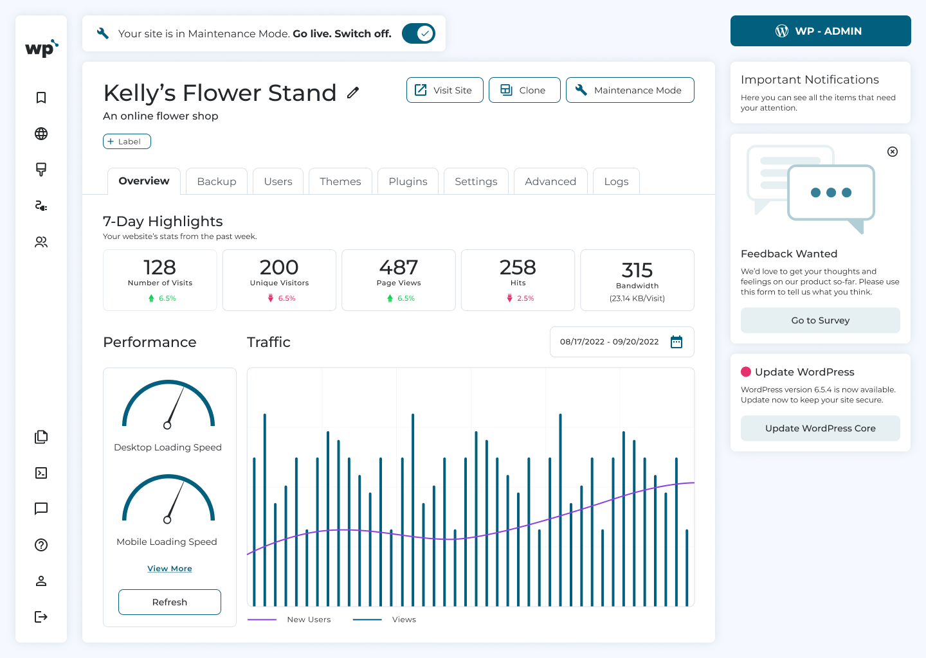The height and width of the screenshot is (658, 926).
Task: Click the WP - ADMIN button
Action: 820,31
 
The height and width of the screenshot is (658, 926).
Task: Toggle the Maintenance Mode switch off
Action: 419,33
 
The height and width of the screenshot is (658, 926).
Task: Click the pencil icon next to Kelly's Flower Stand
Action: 353,93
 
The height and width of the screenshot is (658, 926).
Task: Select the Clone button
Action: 524,90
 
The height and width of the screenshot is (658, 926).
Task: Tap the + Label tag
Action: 127,141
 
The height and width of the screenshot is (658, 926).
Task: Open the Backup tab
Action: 216,181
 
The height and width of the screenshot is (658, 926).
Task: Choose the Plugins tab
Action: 408,181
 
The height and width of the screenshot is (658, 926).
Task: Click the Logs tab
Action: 615,181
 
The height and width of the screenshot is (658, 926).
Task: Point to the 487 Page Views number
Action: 399,267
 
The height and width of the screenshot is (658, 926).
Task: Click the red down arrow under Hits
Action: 509,298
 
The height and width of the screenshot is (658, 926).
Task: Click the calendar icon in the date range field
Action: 676,342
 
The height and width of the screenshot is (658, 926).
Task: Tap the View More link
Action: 170,569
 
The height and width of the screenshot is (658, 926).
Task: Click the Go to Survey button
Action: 820,320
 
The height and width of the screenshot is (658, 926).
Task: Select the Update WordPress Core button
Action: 820,428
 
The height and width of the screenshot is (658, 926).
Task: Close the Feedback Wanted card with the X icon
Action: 893,152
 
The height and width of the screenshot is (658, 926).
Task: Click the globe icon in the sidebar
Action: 41,134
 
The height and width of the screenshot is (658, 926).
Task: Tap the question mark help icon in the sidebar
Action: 41,545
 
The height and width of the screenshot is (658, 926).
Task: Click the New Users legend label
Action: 309,619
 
